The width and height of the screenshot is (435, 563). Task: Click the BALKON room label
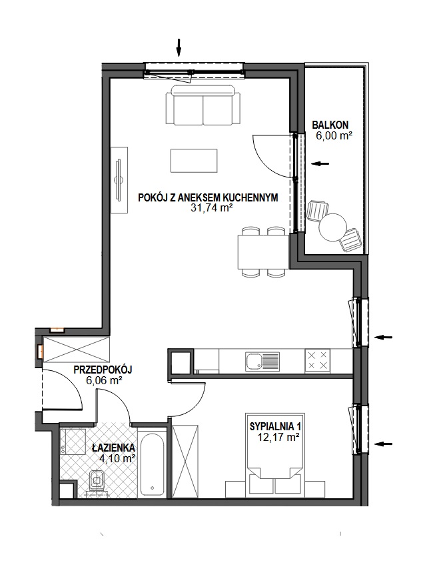(330, 125)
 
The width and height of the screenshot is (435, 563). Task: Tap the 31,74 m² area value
(209, 207)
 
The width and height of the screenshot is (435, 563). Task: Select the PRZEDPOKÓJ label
(103, 370)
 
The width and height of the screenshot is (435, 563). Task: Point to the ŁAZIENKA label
(113, 448)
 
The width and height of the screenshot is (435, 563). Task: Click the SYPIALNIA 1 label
(275, 426)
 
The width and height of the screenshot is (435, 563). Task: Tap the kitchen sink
(262, 361)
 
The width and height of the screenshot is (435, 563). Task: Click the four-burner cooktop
(317, 360)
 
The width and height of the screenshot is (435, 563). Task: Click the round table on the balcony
(333, 227)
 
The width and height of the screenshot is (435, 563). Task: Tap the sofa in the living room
(203, 105)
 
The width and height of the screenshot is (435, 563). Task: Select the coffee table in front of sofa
(194, 161)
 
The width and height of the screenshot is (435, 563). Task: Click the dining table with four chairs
(263, 251)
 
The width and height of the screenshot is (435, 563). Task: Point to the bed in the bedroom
(274, 455)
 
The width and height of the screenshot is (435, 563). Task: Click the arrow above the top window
(179, 47)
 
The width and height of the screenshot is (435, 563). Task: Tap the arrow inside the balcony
(320, 163)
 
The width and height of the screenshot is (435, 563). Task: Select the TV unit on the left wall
(119, 180)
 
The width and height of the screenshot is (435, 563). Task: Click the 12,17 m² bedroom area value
(278, 437)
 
